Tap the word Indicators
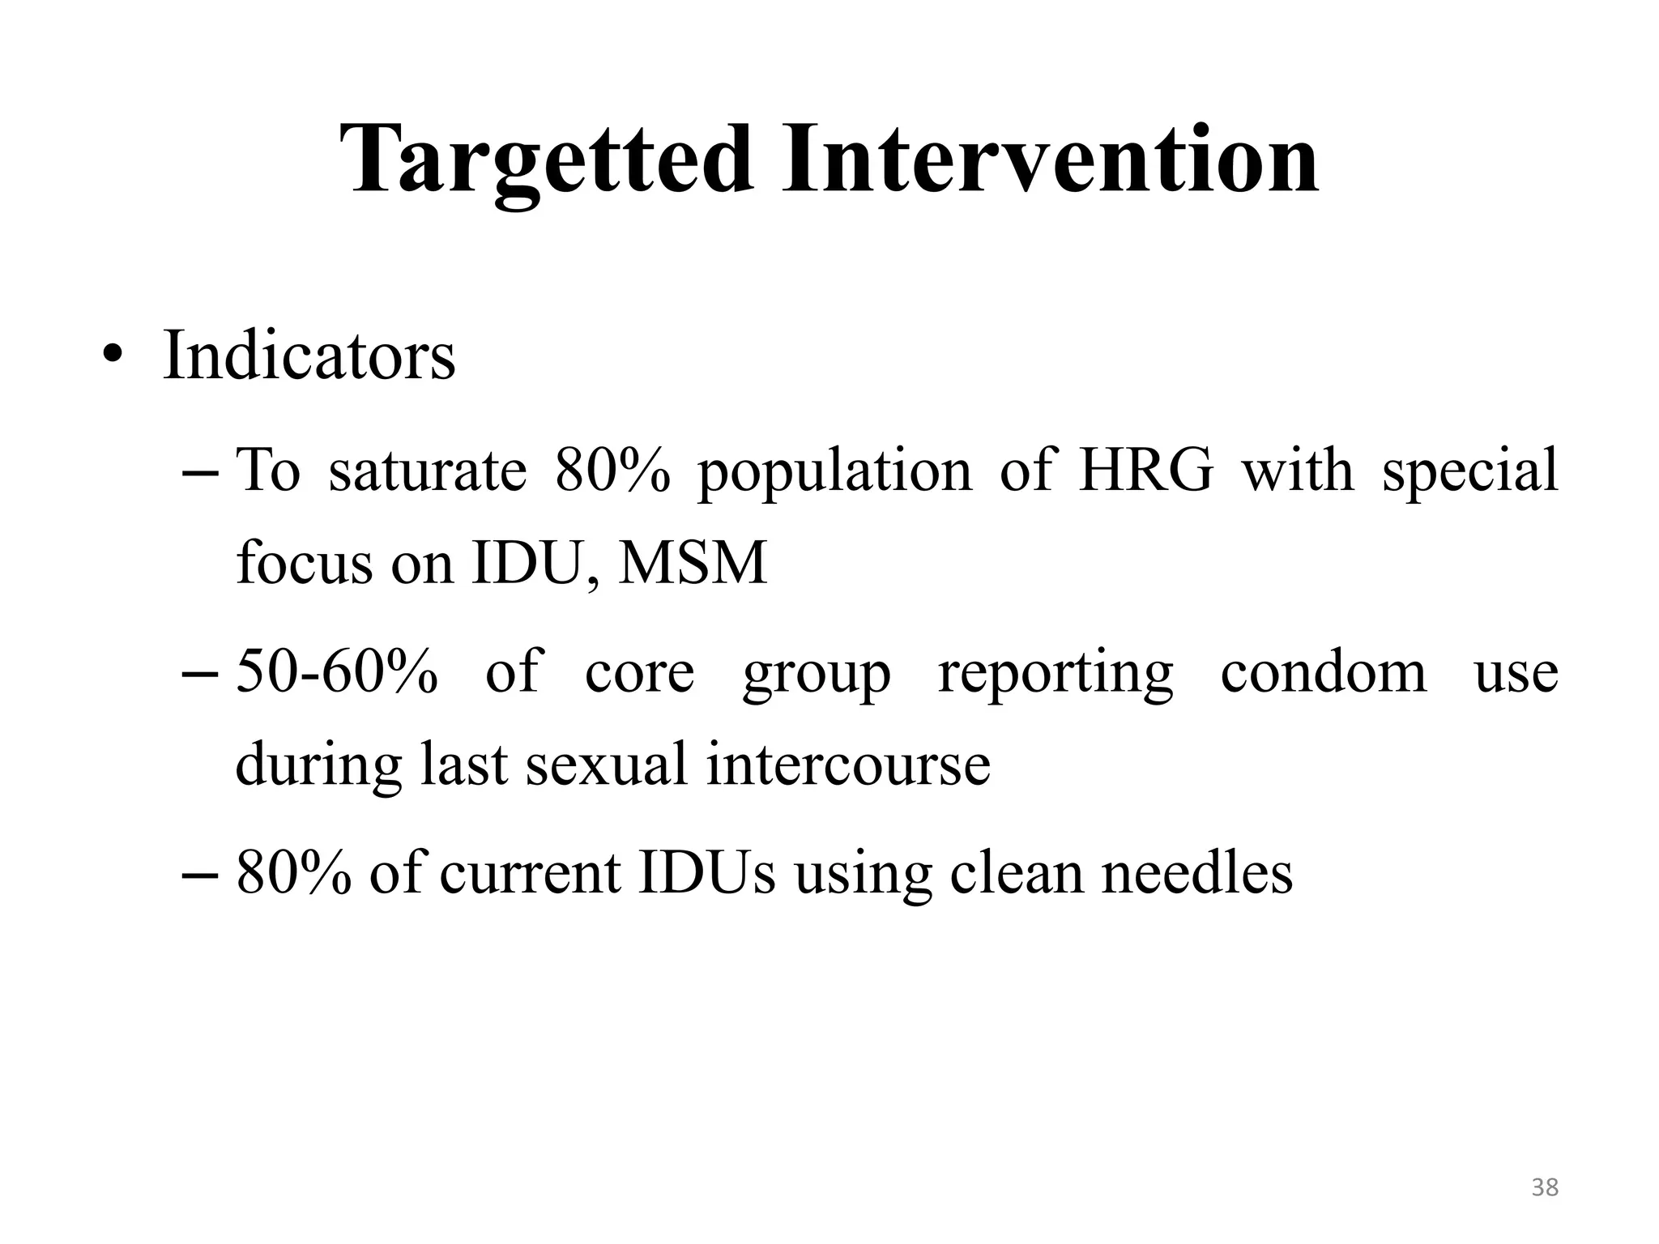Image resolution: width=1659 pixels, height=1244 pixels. pyautogui.click(x=309, y=356)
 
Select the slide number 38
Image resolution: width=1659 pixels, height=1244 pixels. pyautogui.click(x=1545, y=1187)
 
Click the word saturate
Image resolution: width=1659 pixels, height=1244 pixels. pyautogui.click(x=427, y=471)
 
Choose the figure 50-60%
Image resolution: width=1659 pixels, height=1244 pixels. pyautogui.click(x=337, y=672)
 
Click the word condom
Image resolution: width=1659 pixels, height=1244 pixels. pyautogui.click(x=1324, y=672)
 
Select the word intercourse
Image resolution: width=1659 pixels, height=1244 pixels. pyautogui.click(x=847, y=765)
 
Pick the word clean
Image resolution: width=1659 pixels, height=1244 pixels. pyautogui.click(x=1016, y=873)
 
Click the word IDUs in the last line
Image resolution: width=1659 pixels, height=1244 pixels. pyautogui.click(x=706, y=873)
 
